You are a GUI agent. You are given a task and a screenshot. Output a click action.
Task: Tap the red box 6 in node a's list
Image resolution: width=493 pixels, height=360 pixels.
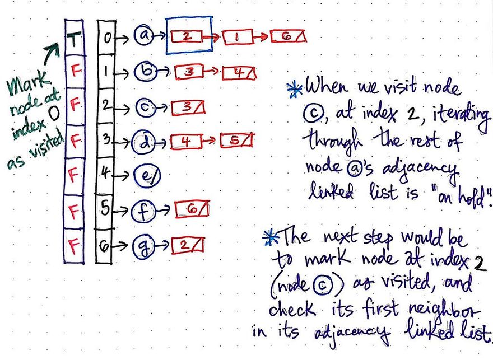[x=288, y=37]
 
